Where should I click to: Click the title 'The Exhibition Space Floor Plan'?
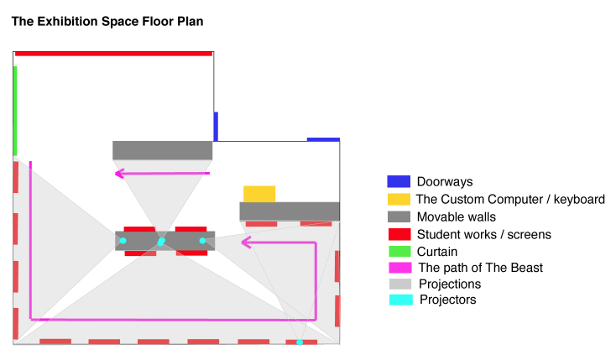click(x=107, y=19)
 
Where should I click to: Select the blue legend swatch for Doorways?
click(x=398, y=181)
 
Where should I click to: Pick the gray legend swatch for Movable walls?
click(x=398, y=217)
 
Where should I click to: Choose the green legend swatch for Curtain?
click(x=398, y=251)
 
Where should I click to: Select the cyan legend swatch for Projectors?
click(x=398, y=300)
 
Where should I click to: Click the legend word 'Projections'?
click(x=450, y=284)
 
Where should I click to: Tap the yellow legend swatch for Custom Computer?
click(x=398, y=200)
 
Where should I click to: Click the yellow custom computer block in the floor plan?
click(x=259, y=194)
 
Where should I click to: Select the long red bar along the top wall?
click(x=113, y=54)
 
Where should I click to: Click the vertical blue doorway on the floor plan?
click(x=216, y=126)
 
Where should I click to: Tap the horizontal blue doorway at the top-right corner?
click(x=323, y=139)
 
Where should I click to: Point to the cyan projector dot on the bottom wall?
click(x=300, y=342)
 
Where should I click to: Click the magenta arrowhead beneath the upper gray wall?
click(x=119, y=174)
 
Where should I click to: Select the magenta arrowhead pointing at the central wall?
click(x=246, y=243)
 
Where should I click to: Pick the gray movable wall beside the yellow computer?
click(x=290, y=211)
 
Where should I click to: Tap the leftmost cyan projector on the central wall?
click(x=123, y=242)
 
